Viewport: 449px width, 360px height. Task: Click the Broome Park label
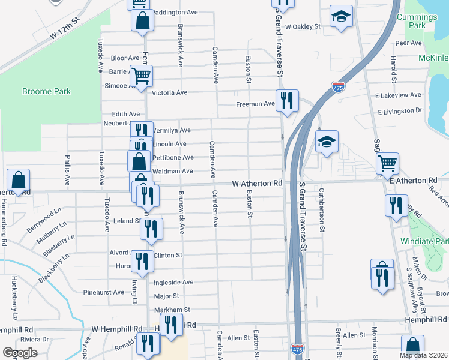(x=46, y=92)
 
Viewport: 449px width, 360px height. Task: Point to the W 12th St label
(x=65, y=29)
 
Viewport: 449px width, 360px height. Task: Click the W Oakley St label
(x=303, y=26)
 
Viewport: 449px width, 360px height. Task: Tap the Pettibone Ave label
(x=173, y=158)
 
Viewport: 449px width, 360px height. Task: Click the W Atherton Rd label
(x=257, y=183)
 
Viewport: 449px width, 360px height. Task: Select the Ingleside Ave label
(x=173, y=282)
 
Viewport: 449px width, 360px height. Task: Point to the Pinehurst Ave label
(x=104, y=292)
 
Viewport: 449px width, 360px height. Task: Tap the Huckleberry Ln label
(x=13, y=298)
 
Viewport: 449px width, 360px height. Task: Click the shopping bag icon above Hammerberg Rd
(x=19, y=179)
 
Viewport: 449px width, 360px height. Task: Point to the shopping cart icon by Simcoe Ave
(x=142, y=76)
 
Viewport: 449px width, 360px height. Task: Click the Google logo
(x=20, y=352)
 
